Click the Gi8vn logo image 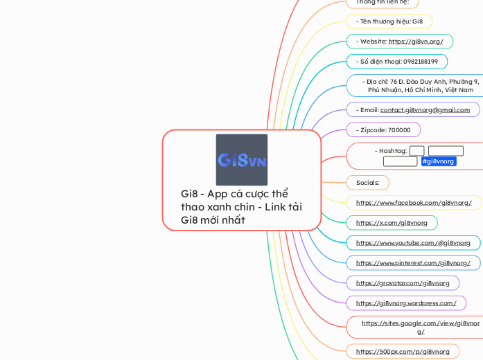[241, 160]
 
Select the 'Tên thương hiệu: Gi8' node [389, 21]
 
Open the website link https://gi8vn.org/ [416, 42]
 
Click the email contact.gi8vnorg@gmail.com [425, 109]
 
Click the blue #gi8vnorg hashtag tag [439, 161]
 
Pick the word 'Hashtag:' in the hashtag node [391, 151]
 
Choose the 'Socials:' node [367, 183]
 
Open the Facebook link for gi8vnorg [414, 203]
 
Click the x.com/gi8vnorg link [392, 223]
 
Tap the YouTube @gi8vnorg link [413, 243]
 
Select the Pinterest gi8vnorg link [413, 263]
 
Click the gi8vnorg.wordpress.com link [406, 303]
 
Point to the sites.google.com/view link [420, 327]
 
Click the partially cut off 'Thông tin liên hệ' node [382, 2]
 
